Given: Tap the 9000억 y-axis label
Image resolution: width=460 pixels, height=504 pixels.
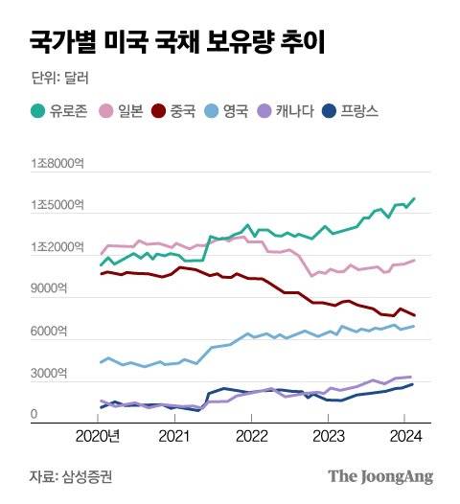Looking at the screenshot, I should [48, 289].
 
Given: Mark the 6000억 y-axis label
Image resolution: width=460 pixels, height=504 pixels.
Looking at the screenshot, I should [48, 332].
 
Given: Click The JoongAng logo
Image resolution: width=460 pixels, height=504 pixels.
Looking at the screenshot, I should [380, 476].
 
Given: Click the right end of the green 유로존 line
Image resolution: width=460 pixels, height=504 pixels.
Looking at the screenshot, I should [414, 198].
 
